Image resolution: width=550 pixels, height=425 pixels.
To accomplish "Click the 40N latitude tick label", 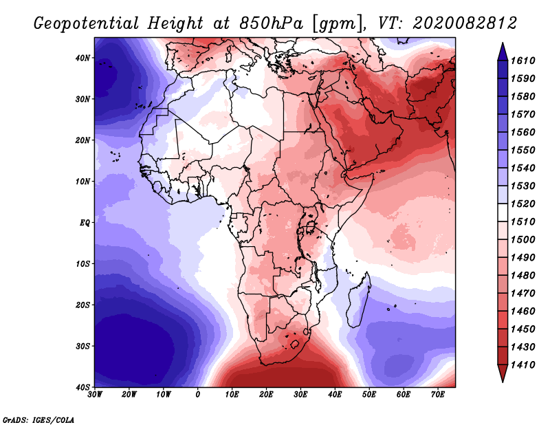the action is pyautogui.click(x=82, y=58).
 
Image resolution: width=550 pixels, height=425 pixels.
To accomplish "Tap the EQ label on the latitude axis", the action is pyautogui.click(x=85, y=223).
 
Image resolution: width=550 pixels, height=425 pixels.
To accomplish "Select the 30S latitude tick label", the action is pyautogui.click(x=82, y=347).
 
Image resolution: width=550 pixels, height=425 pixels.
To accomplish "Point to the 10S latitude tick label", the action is pyautogui.click(x=82, y=264).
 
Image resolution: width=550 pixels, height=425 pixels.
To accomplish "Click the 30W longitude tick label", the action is pyautogui.click(x=95, y=395).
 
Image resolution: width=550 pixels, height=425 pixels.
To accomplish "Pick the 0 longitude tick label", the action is pyautogui.click(x=197, y=395).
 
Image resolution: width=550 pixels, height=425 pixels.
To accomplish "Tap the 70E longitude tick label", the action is pyautogui.click(x=437, y=395).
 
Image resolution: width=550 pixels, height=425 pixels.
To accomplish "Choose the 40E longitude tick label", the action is pyautogui.click(x=335, y=395).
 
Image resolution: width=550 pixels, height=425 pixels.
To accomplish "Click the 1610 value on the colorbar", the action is pyautogui.click(x=522, y=61).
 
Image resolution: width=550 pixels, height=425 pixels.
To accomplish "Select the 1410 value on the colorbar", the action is pyautogui.click(x=522, y=365).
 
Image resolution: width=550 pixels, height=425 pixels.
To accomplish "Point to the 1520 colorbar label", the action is pyautogui.click(x=522, y=204).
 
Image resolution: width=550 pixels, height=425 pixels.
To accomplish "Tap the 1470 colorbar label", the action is pyautogui.click(x=522, y=294).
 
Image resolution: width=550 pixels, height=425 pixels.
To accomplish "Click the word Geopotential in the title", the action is pyautogui.click(x=87, y=24).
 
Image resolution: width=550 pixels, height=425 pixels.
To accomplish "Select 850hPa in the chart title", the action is pyautogui.click(x=271, y=23).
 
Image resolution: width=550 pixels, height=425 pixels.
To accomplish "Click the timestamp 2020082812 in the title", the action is pyautogui.click(x=465, y=23).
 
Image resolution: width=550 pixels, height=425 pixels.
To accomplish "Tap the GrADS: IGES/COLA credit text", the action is pyautogui.click(x=38, y=420).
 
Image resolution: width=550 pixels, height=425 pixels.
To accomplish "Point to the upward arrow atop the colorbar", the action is pyautogui.click(x=503, y=52).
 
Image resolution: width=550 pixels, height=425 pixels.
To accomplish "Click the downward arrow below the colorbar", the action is pyautogui.click(x=503, y=373).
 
